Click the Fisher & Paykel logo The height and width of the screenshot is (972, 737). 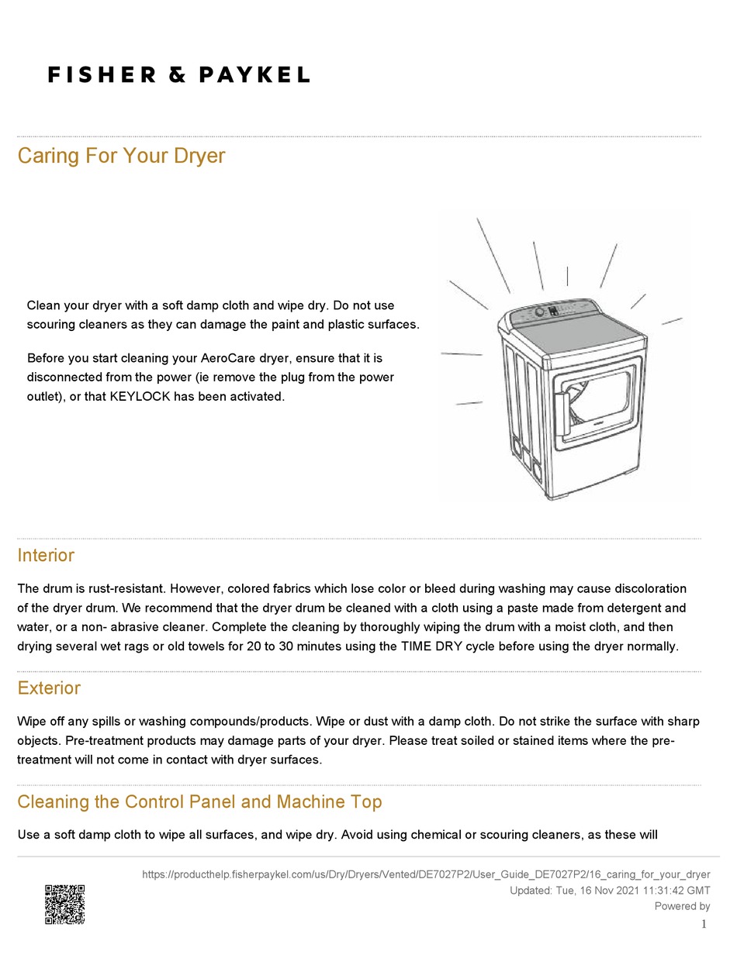178,75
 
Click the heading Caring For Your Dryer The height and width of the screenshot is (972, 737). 121,156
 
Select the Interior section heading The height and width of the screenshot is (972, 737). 46,556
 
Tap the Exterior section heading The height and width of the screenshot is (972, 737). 49,688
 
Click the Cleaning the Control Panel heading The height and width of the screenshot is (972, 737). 199,801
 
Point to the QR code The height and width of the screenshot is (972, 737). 64,905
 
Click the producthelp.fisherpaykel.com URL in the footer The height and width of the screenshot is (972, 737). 426,874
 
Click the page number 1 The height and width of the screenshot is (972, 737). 704,924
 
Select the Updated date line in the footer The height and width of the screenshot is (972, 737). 610,891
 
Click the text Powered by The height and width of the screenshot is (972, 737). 682,906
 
